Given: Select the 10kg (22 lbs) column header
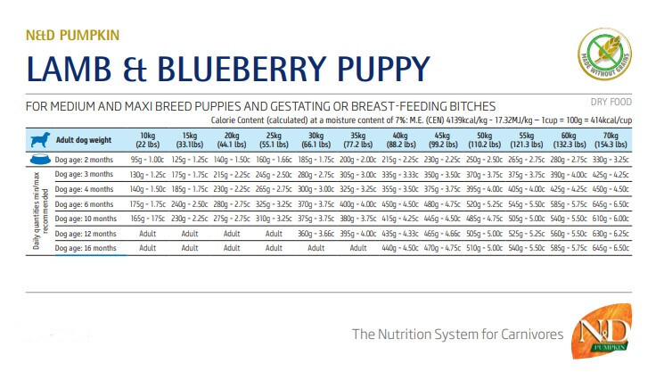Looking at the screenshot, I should pos(147,139).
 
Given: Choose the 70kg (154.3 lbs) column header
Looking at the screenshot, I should pos(617,139).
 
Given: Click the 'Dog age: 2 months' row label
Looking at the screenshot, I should pos(86,159).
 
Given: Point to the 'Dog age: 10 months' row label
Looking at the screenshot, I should pos(87,219).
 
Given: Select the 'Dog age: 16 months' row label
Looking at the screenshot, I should pos(87,248).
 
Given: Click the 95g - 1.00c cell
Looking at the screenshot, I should pos(147,159).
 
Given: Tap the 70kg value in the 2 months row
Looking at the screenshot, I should pos(617,159).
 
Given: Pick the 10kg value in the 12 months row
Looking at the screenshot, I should pos(147,234).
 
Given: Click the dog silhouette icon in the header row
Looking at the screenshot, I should pos(39,139).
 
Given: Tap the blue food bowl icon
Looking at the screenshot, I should pos(39,159).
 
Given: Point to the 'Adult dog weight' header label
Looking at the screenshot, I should pos(83,140).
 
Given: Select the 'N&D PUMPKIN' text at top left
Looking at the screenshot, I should pos(72,36).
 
